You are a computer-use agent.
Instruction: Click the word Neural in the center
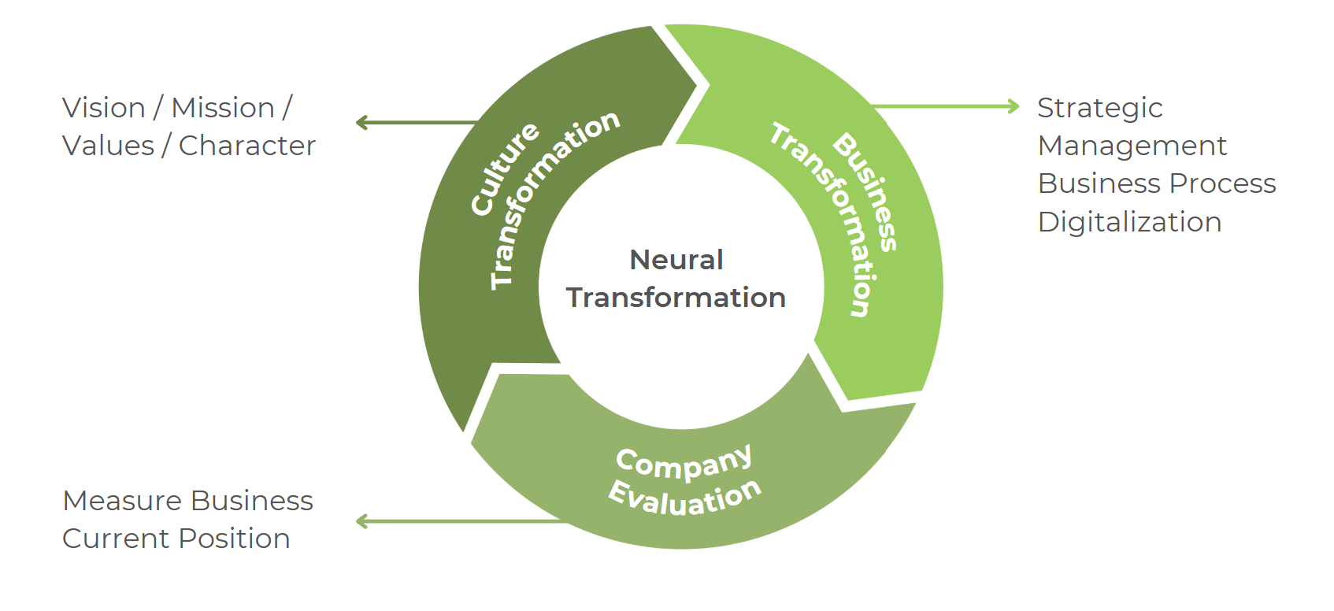click(676, 260)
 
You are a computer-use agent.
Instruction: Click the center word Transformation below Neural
click(676, 298)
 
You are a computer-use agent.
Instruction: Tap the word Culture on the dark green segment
click(504, 168)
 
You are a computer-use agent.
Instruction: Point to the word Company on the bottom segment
click(684, 463)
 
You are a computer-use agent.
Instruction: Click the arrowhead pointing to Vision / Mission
click(362, 123)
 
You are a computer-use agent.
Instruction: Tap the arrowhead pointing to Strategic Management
click(1013, 106)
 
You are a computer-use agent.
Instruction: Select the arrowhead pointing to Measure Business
click(362, 521)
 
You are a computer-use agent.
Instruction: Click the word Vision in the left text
click(103, 108)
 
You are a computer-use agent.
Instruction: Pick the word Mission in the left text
click(223, 108)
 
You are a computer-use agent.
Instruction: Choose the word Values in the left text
click(108, 146)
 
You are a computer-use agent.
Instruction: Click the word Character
click(246, 146)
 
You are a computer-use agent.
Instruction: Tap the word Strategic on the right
click(1099, 108)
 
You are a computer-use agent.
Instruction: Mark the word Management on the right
click(1132, 146)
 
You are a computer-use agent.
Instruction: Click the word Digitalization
click(1129, 222)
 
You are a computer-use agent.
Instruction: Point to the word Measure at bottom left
click(123, 501)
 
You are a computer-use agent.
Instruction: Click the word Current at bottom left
click(116, 539)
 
